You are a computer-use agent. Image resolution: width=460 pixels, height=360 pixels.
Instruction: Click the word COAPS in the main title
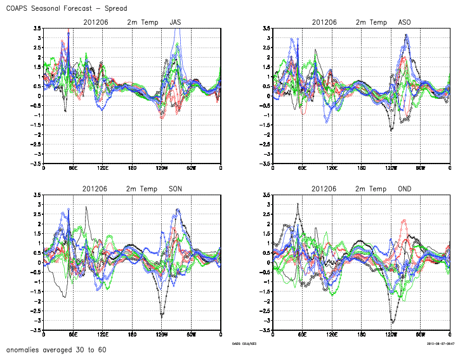tap(18, 8)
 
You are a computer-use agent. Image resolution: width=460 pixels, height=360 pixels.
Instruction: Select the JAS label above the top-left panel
tap(175, 22)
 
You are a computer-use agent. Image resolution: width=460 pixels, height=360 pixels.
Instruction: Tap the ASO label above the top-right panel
tap(404, 22)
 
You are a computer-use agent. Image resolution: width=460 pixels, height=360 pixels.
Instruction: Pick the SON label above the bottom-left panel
tap(175, 189)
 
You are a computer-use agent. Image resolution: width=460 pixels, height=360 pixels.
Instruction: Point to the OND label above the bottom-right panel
tap(404, 189)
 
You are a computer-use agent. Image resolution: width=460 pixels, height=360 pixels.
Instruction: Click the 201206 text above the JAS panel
tap(95, 22)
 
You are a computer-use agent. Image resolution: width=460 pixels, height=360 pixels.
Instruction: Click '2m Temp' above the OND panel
tap(370, 189)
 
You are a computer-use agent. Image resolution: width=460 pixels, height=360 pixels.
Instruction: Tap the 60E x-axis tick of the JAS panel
tap(73, 168)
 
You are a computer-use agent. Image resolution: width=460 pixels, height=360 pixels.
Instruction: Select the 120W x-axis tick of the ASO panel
tap(391, 168)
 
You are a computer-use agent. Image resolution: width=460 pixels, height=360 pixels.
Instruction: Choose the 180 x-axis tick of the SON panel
tap(132, 335)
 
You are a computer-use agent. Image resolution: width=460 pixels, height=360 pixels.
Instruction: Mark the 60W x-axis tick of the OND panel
tap(420, 335)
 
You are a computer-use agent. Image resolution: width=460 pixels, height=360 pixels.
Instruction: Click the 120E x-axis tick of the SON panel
tap(102, 335)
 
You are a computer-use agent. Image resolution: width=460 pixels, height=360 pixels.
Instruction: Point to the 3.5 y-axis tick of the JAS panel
tap(37, 29)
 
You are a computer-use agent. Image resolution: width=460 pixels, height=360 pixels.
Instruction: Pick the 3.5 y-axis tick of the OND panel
tap(266, 195)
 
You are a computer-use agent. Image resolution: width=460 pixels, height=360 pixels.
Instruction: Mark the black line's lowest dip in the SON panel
tap(162, 315)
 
